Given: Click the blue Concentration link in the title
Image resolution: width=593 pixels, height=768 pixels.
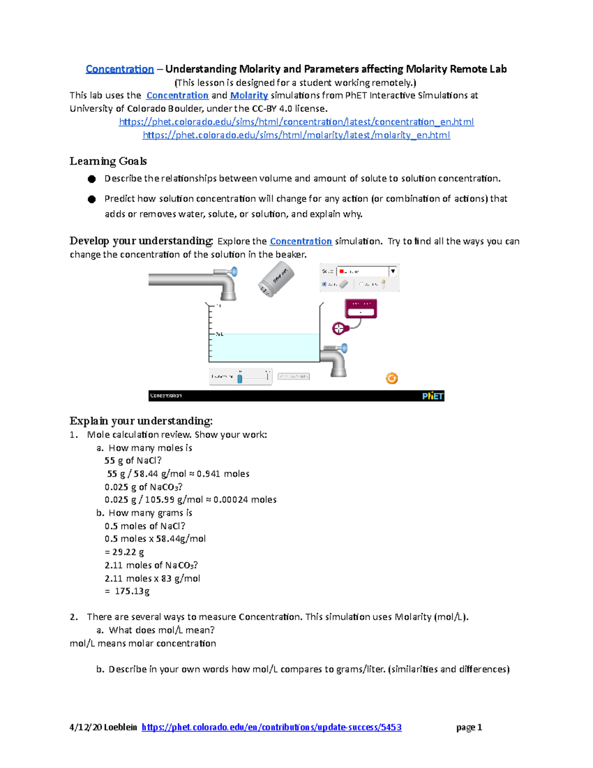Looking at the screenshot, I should click(x=120, y=69).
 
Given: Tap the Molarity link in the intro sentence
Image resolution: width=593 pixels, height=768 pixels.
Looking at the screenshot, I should click(x=249, y=95).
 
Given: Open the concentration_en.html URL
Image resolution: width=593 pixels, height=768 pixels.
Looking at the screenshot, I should click(x=296, y=122).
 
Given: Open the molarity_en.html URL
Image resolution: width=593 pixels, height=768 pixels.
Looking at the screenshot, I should click(x=296, y=135).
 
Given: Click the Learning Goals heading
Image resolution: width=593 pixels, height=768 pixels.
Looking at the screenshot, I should click(x=108, y=161).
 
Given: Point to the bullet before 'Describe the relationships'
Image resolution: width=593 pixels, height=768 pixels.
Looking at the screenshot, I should click(x=92, y=179).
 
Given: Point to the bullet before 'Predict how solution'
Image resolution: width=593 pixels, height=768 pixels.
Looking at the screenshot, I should click(x=92, y=199).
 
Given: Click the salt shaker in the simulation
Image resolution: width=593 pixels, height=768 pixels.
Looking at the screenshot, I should click(x=275, y=280).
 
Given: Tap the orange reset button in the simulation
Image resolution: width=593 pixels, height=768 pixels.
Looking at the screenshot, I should click(x=391, y=378).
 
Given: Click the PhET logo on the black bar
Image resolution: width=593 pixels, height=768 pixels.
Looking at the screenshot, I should click(x=432, y=396).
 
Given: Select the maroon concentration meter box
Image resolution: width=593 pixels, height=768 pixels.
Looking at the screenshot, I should click(x=361, y=309).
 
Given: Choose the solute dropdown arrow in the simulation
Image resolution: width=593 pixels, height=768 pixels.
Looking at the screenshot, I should click(x=393, y=271).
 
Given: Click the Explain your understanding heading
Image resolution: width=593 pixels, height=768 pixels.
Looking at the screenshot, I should click(x=141, y=421).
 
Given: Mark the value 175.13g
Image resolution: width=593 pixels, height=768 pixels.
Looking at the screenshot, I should click(x=132, y=591).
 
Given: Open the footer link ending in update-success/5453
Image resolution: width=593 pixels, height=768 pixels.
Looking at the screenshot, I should click(x=271, y=727).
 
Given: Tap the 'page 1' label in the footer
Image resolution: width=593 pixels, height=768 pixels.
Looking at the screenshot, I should click(x=469, y=727).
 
